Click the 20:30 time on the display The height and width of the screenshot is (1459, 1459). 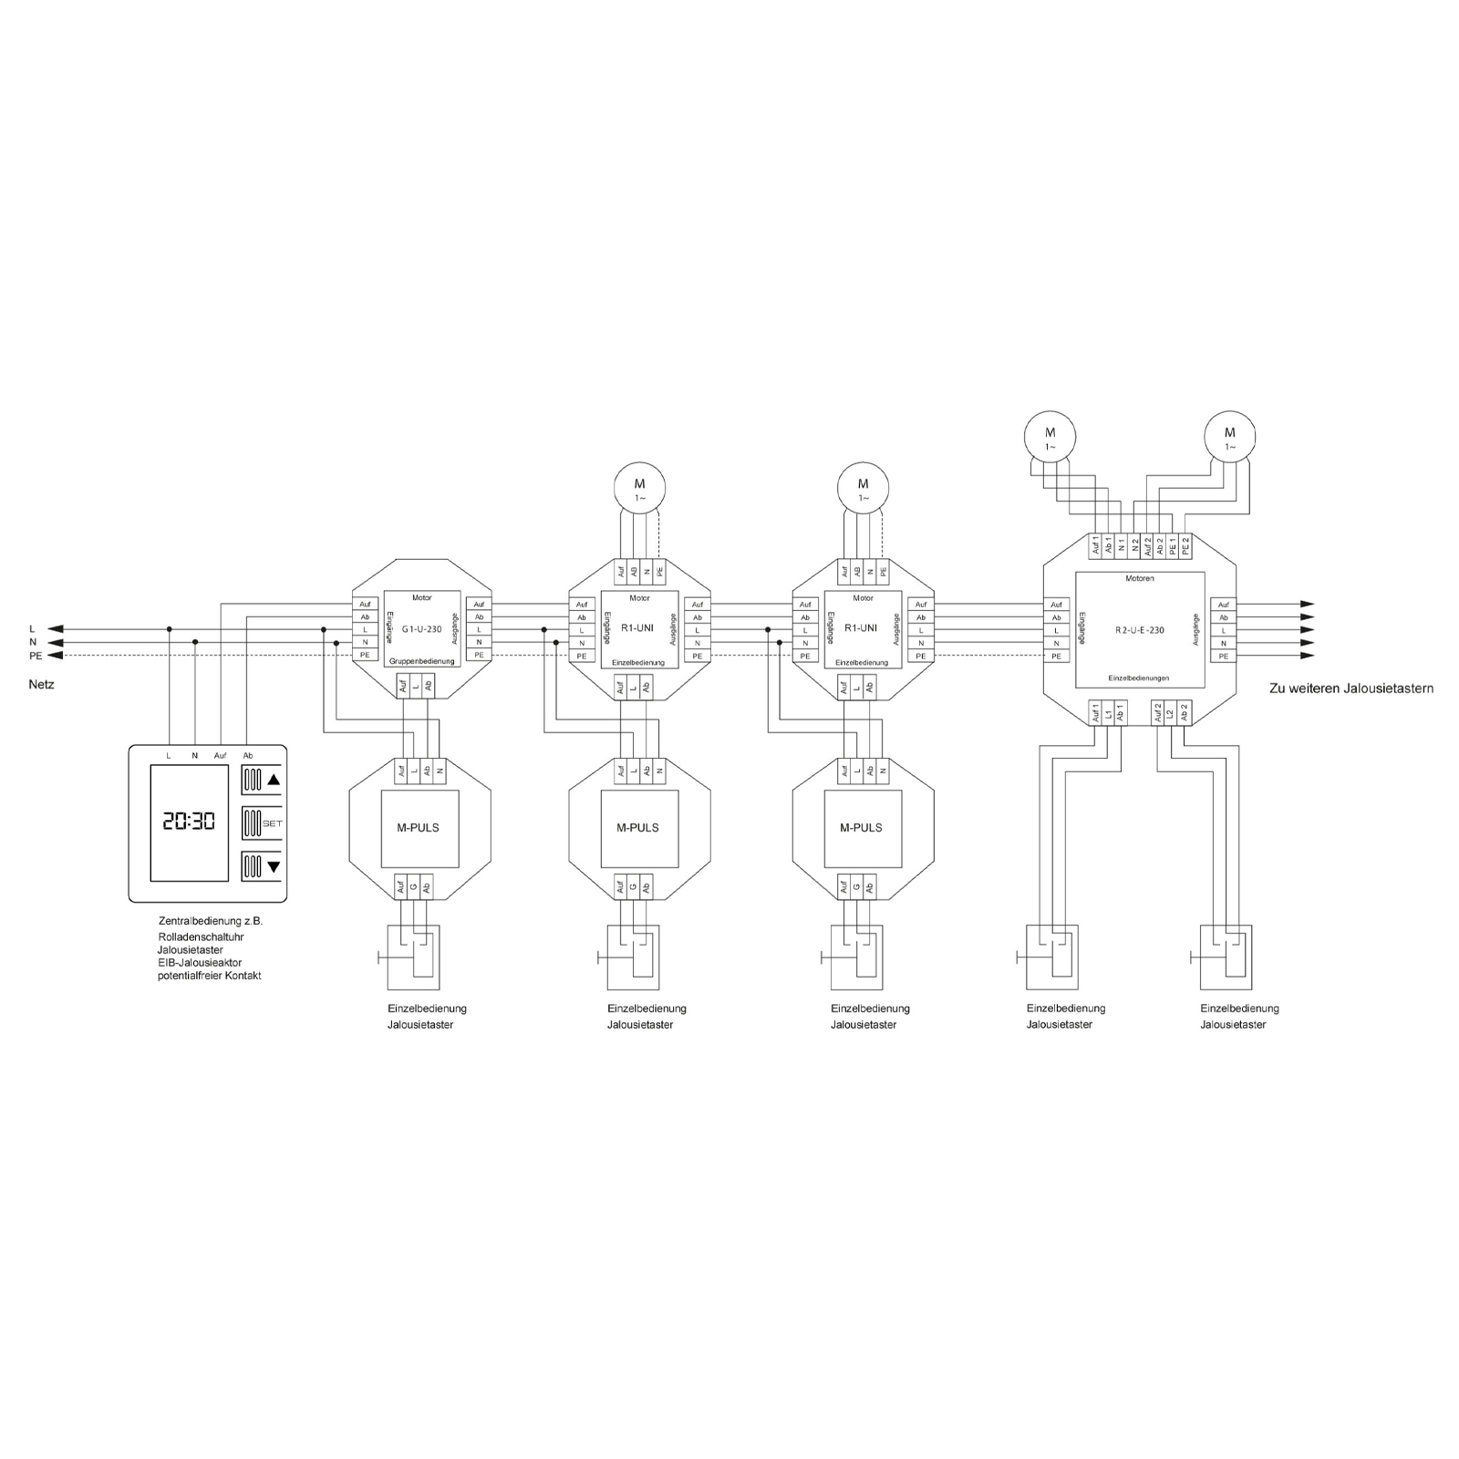[189, 821]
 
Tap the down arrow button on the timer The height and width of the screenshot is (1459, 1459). [262, 866]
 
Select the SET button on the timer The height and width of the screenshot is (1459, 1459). [262, 823]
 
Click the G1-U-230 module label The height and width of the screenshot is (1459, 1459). [422, 629]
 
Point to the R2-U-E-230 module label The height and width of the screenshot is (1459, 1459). [1140, 630]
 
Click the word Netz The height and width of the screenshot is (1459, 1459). [42, 685]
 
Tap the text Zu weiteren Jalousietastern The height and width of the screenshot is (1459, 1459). [1351, 688]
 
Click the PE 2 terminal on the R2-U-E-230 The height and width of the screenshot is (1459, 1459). [1185, 546]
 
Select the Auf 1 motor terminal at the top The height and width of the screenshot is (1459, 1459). [1096, 546]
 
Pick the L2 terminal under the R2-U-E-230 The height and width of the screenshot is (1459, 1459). [1171, 713]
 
